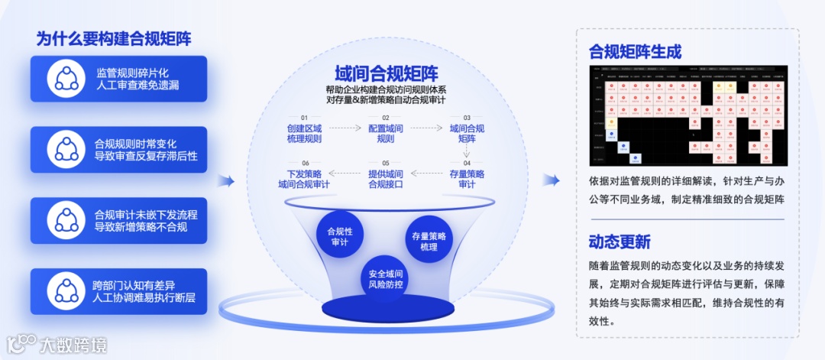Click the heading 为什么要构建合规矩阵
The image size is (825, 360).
pyautogui.click(x=113, y=39)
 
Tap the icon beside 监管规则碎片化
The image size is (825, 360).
pyautogui.click(x=66, y=79)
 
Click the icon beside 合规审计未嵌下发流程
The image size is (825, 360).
pyautogui.click(x=66, y=220)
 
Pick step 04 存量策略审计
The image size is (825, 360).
pyautogui.click(x=467, y=178)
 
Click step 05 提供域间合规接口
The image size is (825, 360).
pyautogui.click(x=386, y=178)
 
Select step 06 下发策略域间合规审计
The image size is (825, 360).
pyautogui.click(x=304, y=178)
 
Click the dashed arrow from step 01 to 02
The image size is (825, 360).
pyautogui.click(x=345, y=129)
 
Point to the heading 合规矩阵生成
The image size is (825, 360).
pyautogui.click(x=635, y=52)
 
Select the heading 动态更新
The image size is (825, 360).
pyautogui.click(x=620, y=242)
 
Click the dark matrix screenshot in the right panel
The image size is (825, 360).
pyautogui.click(x=688, y=115)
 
